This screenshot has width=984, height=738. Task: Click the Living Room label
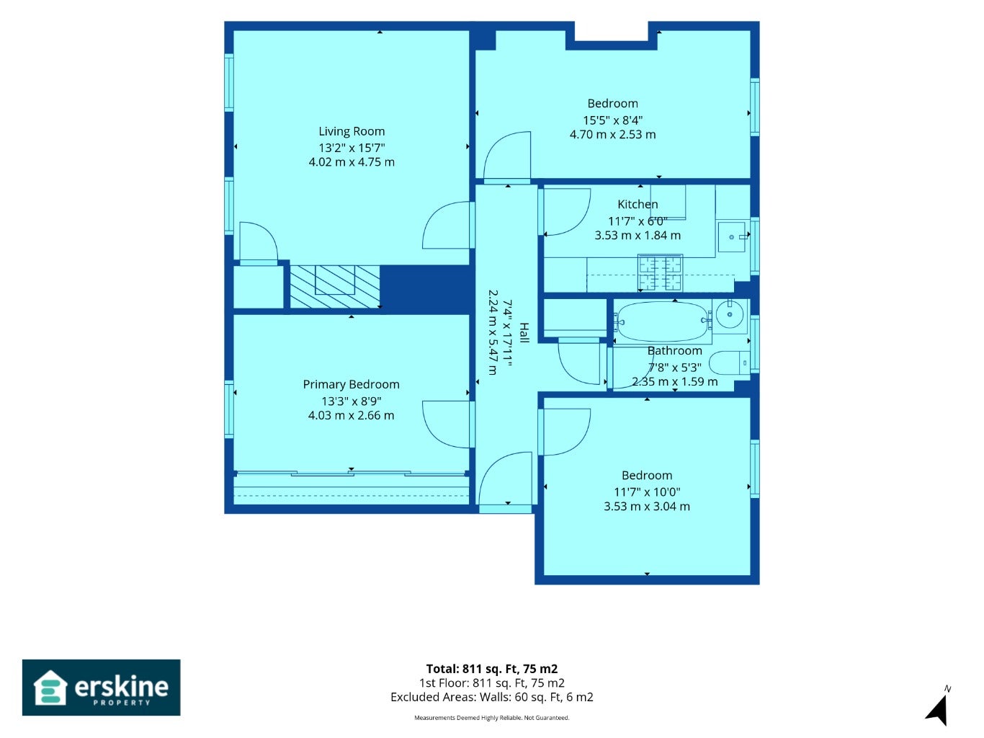(x=352, y=131)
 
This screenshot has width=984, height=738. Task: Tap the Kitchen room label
(x=638, y=205)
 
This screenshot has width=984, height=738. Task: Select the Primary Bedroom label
(x=351, y=385)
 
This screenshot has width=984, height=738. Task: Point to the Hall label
(x=524, y=333)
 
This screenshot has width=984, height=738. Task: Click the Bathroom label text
(x=675, y=350)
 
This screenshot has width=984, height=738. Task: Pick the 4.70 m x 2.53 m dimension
(x=612, y=135)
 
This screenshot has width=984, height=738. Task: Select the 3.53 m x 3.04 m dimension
(x=646, y=507)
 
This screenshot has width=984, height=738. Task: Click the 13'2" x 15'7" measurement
(x=352, y=148)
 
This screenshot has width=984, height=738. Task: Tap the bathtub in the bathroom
(x=662, y=321)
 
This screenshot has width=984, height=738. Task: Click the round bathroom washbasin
(x=730, y=314)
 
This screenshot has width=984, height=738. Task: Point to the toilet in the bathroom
(x=730, y=363)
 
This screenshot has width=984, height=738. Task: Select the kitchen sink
(x=731, y=236)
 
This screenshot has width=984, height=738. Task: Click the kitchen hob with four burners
(x=661, y=273)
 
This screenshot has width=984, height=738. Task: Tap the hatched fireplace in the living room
(x=334, y=287)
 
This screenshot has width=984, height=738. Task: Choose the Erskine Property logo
(x=102, y=688)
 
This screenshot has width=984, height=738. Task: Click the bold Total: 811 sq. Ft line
(x=492, y=669)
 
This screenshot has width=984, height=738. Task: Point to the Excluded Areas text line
(x=492, y=697)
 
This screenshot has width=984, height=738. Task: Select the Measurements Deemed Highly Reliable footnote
(x=492, y=718)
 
